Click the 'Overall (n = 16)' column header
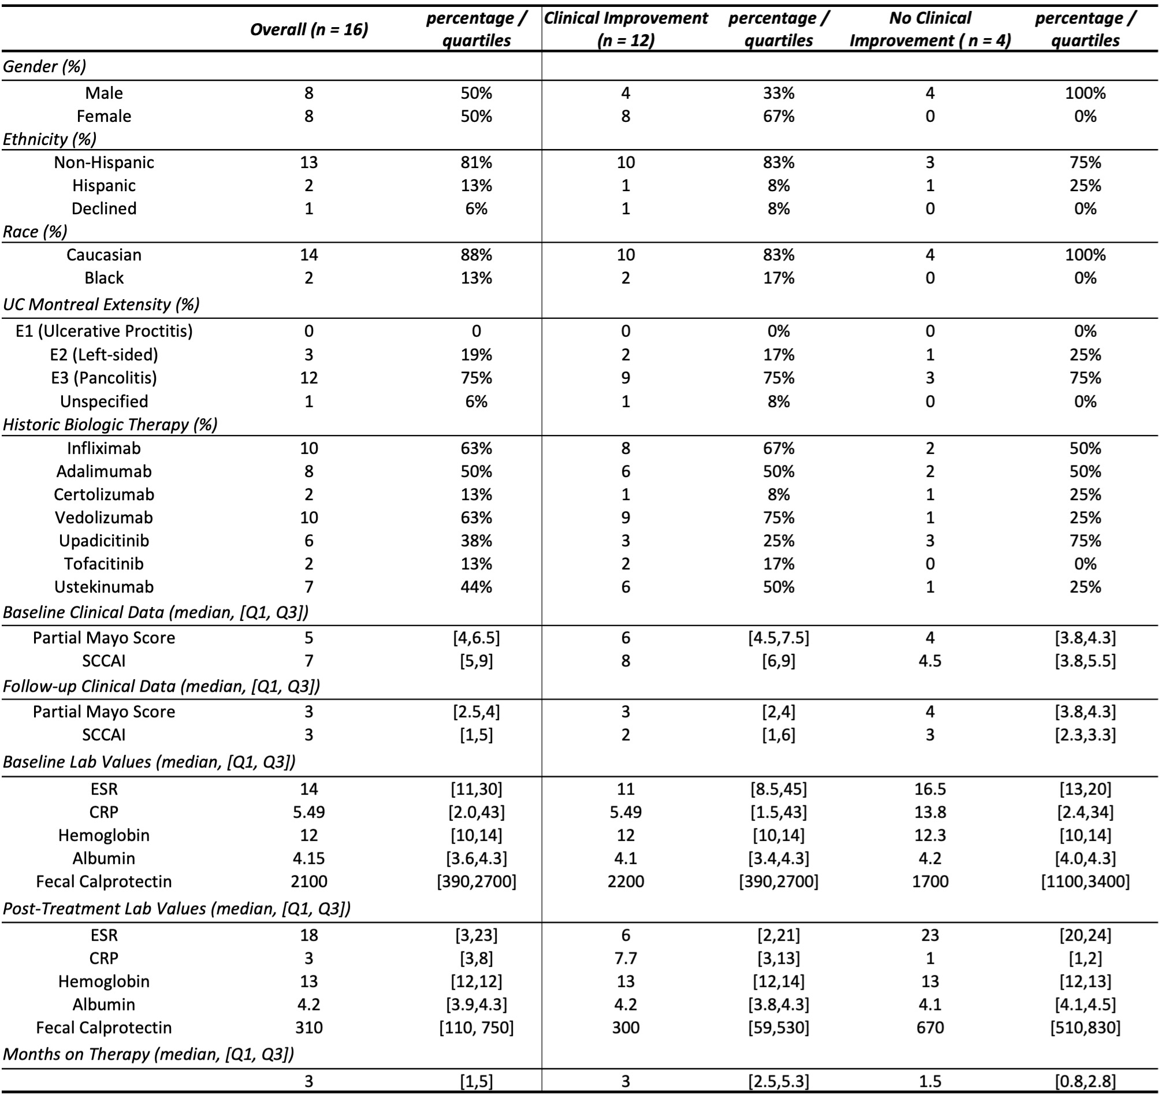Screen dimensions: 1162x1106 click(309, 29)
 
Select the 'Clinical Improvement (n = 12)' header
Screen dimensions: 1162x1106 click(625, 29)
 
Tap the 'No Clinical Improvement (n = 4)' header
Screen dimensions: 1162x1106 click(930, 29)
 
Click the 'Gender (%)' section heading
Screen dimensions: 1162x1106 click(44, 66)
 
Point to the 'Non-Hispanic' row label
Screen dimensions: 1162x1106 click(104, 162)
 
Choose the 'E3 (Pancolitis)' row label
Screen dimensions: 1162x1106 click(104, 377)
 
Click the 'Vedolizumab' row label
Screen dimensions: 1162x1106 click(104, 517)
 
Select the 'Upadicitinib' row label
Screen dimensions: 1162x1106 click(104, 540)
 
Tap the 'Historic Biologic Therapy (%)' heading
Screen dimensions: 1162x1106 click(110, 424)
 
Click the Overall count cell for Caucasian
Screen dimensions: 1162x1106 click(309, 255)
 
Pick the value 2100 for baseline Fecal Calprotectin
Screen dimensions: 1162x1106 click(309, 881)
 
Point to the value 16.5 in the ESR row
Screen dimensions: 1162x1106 click(930, 789)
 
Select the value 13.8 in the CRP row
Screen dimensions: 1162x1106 click(930, 812)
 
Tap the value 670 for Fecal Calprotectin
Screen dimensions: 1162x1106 click(930, 1027)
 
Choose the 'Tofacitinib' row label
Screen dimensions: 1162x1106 click(104, 564)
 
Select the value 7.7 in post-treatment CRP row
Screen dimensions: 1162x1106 click(625, 958)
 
